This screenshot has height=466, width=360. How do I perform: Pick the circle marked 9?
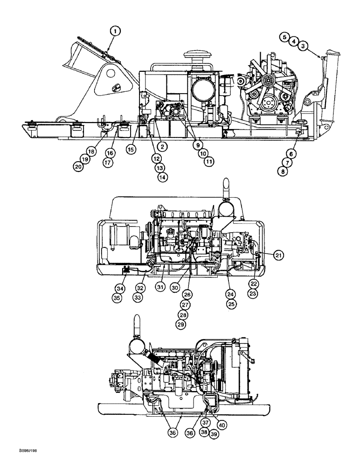197,145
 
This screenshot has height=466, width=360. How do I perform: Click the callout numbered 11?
208,161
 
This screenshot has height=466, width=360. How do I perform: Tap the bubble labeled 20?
78,166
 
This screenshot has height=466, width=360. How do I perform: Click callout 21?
278,254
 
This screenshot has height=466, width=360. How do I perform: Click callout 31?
160,288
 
